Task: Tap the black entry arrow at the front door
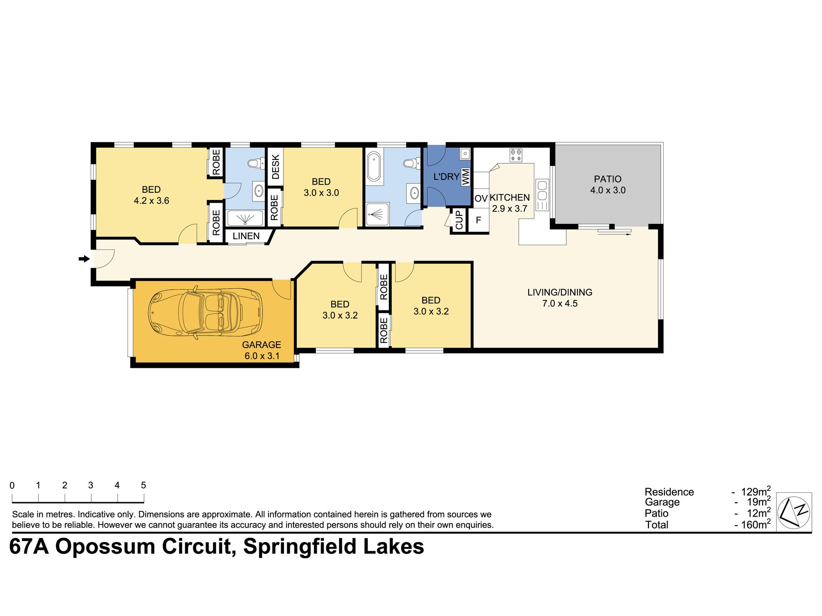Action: pyautogui.click(x=84, y=259)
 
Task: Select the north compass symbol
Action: pyautogui.click(x=793, y=512)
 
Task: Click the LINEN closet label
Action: pyautogui.click(x=246, y=236)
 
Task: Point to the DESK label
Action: pyautogui.click(x=275, y=167)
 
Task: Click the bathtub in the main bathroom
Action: pyautogui.click(x=374, y=166)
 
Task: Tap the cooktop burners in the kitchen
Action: pyautogui.click(x=516, y=155)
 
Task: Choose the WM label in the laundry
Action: pyautogui.click(x=466, y=177)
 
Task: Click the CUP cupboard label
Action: pyautogui.click(x=459, y=220)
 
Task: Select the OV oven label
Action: pyautogui.click(x=481, y=199)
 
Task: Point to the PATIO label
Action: pyautogui.click(x=607, y=179)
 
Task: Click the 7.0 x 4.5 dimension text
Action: pyautogui.click(x=560, y=303)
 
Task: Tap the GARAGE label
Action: pyautogui.click(x=261, y=345)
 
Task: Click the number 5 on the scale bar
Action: pyautogui.click(x=143, y=485)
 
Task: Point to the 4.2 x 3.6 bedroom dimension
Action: pyautogui.click(x=151, y=201)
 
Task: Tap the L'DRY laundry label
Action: pyautogui.click(x=446, y=176)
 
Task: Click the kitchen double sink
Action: pyautogui.click(x=542, y=195)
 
